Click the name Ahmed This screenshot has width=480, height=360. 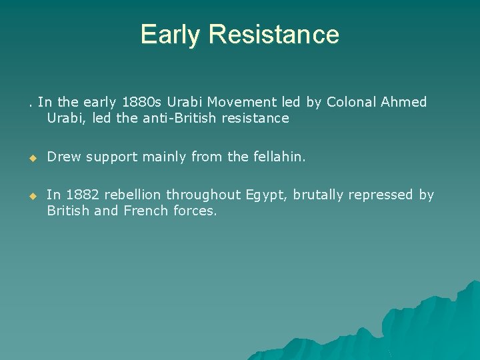pos(405,102)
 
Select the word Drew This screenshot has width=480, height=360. pos(63,157)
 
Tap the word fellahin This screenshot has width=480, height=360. pos(279,157)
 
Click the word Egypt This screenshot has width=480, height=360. pos(266,195)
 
